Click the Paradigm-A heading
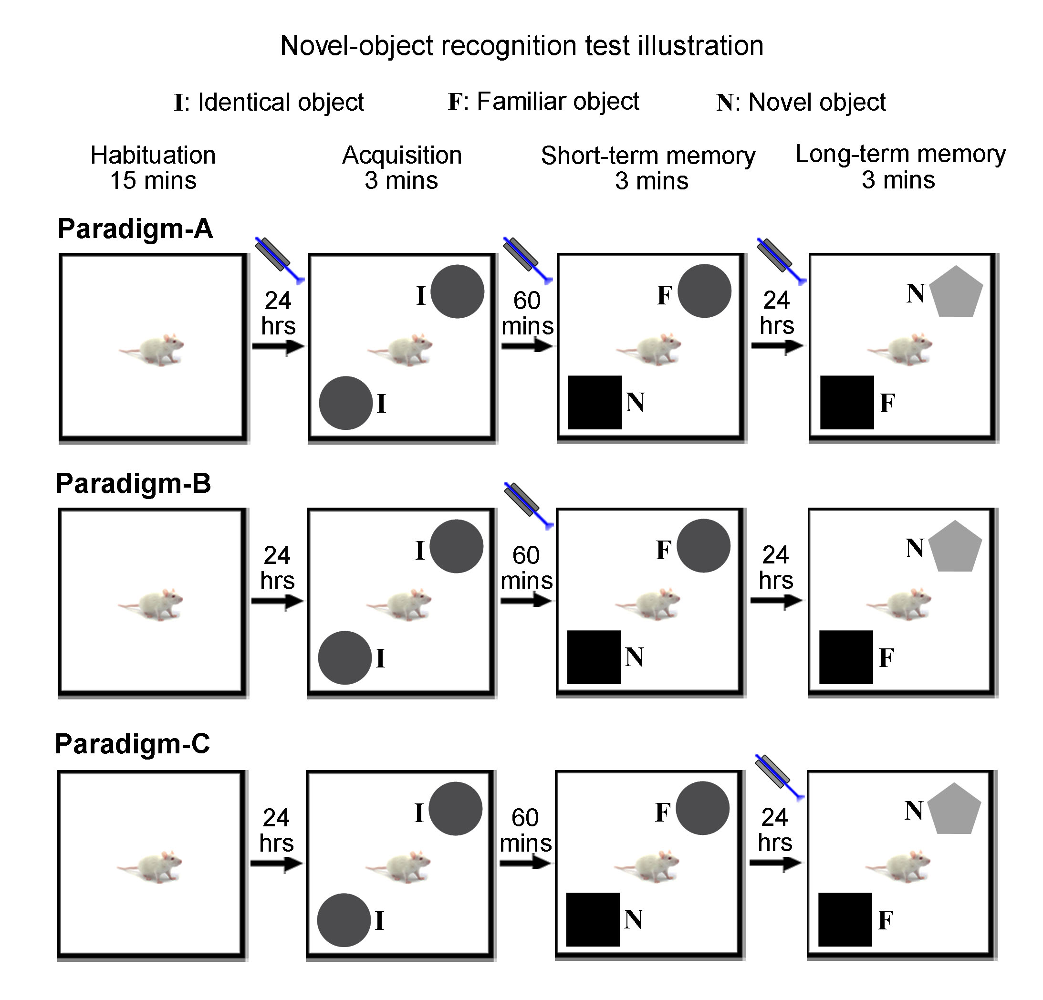(x=135, y=229)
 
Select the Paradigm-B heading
(x=134, y=484)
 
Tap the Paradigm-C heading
(x=133, y=744)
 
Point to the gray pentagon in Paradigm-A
(x=956, y=292)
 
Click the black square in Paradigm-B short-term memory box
(x=594, y=657)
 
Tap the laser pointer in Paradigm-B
(x=526, y=503)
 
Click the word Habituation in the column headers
(x=153, y=156)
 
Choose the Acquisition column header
(x=402, y=156)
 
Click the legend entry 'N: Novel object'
(x=801, y=102)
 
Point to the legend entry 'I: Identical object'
(x=269, y=102)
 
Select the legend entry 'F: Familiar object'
(x=543, y=101)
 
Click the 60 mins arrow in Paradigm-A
(x=527, y=346)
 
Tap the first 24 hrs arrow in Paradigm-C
(x=277, y=863)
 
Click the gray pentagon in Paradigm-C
(x=954, y=810)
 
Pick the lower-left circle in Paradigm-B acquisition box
(x=345, y=657)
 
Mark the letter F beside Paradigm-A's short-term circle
(x=665, y=295)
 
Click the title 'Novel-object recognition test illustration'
(x=521, y=46)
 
